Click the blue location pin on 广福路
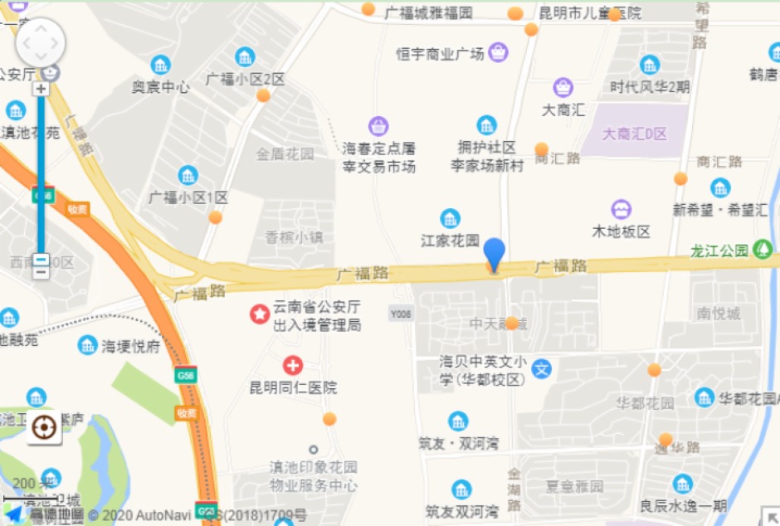(494, 252)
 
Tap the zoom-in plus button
(41, 88)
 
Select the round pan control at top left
(41, 42)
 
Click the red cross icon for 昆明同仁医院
(292, 365)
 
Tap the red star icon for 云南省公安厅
(260, 314)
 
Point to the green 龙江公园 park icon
(762, 249)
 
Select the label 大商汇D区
(635, 134)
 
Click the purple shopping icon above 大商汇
(563, 87)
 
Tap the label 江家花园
(450, 240)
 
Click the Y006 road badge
(401, 312)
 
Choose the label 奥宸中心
(161, 86)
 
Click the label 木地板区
(621, 231)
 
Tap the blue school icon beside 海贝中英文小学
(542, 368)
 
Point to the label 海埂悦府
(131, 346)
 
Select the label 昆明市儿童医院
(590, 12)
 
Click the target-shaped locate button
(45, 427)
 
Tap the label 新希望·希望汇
(719, 210)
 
